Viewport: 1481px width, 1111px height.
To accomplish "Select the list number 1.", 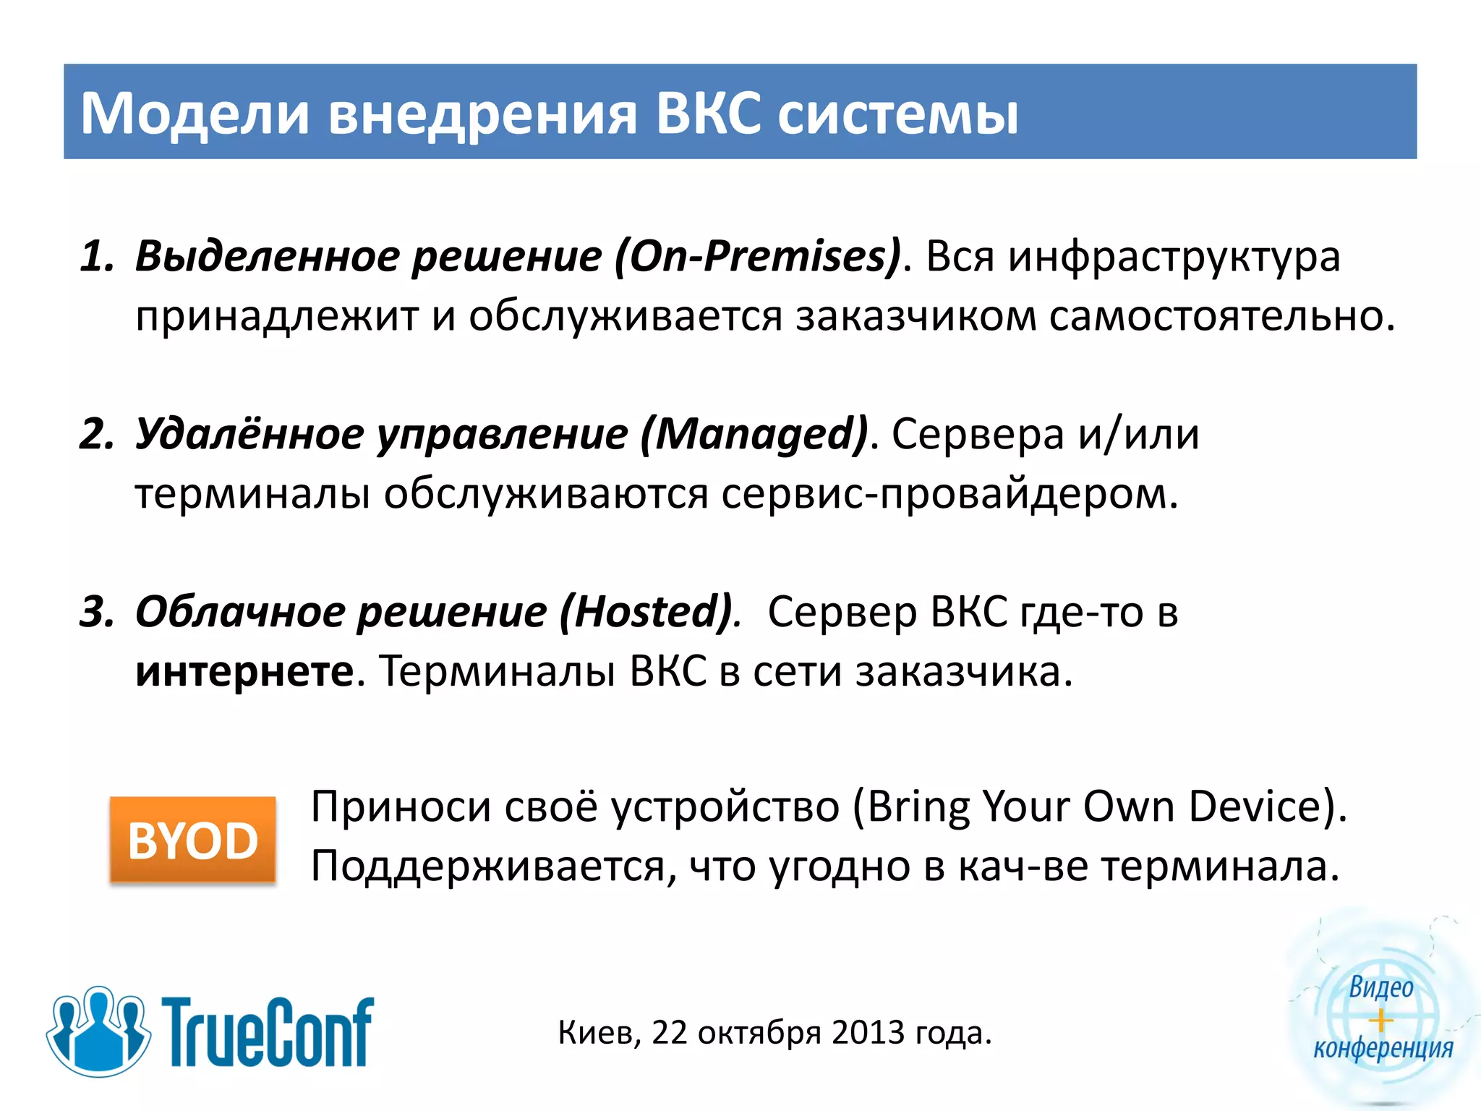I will click(96, 256).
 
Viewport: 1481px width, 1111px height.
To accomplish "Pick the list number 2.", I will click(96, 434).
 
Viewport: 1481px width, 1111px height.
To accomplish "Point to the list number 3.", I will click(96, 612).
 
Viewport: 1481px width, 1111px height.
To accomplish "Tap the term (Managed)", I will click(754, 434).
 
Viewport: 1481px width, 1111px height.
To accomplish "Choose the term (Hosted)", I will click(646, 612).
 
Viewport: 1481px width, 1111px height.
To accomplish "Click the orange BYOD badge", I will click(192, 840).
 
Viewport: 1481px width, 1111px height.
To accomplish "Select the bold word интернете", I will click(244, 671).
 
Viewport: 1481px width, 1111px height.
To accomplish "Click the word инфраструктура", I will click(1174, 256).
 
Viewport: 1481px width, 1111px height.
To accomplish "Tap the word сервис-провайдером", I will click(949, 494).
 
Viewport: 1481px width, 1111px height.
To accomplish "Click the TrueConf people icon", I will click(98, 1030).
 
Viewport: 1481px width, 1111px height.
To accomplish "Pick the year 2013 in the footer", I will click(868, 1033).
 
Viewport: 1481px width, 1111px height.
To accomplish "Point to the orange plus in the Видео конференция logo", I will click(1380, 1021).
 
